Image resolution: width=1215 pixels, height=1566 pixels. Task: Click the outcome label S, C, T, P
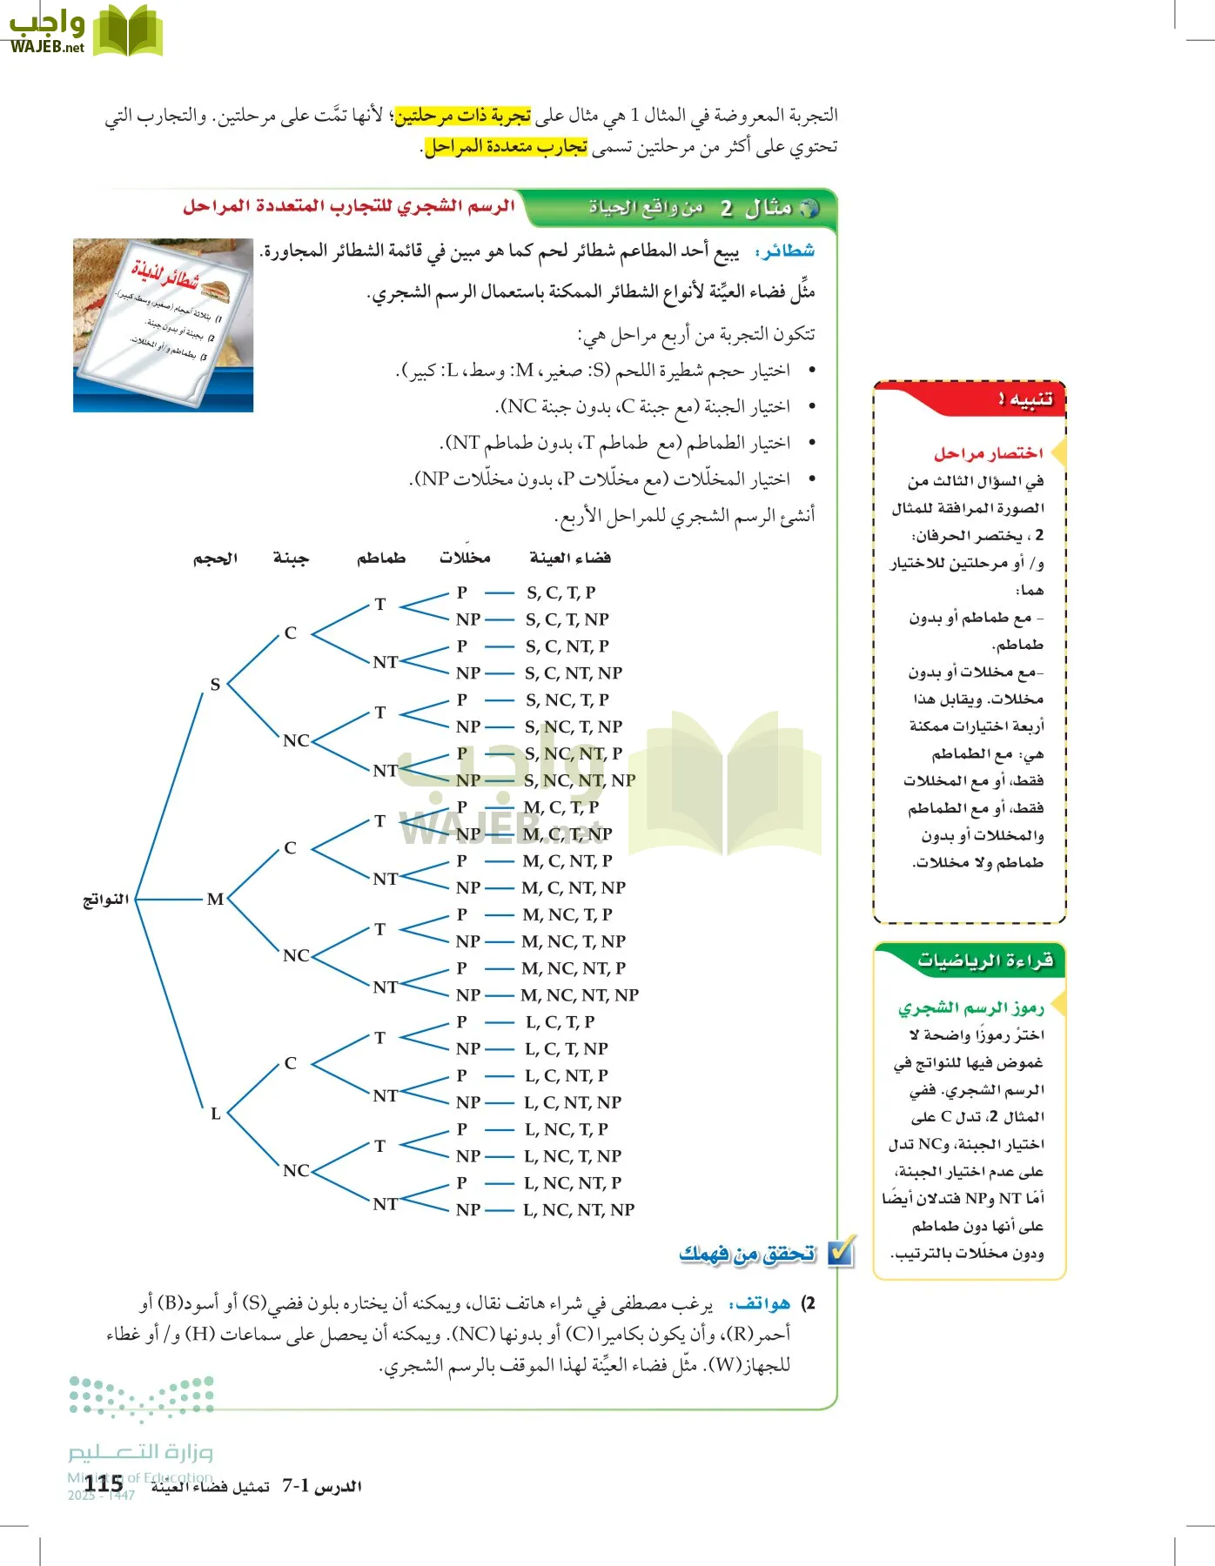tap(561, 592)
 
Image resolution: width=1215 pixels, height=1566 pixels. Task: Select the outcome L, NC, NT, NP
tap(579, 1209)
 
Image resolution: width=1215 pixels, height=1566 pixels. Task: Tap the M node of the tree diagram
tap(215, 899)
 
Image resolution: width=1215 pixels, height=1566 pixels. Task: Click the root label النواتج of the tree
tap(105, 899)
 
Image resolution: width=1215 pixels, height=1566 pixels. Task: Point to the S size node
tap(215, 685)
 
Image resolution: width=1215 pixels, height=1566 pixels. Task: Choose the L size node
tap(215, 1114)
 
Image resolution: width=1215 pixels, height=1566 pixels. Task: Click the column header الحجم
tap(215, 558)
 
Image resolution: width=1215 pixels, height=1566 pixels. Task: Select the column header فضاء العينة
tap(570, 558)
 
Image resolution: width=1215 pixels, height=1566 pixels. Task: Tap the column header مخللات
tap(465, 558)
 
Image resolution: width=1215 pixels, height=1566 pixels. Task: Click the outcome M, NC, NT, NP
tap(580, 994)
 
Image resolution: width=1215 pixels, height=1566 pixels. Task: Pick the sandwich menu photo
tap(163, 325)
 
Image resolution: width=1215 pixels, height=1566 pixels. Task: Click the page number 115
tap(104, 1484)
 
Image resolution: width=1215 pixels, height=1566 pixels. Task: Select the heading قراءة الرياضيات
tap(984, 960)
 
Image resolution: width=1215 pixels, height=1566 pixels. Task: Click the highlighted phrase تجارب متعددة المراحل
tap(507, 147)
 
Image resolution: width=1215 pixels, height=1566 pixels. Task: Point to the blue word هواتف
tap(762, 1303)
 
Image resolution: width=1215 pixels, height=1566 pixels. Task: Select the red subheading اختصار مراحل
tap(988, 453)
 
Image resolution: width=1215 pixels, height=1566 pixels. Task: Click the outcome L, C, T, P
tap(560, 1021)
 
